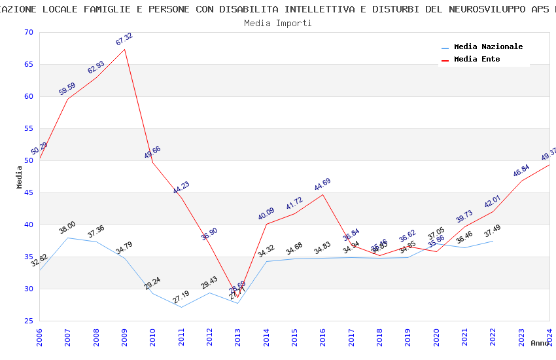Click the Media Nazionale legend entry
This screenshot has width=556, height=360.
click(488, 47)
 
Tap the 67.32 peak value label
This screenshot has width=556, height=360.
click(124, 39)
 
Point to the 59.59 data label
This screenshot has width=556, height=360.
click(67, 89)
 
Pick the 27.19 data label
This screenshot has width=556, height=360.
click(181, 297)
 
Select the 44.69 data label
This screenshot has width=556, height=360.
click(322, 185)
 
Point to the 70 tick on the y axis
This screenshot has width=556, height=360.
click(27, 33)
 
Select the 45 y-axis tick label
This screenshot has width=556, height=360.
click(27, 193)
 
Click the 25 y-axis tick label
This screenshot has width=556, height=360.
click(27, 321)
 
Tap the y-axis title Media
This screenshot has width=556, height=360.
click(20, 177)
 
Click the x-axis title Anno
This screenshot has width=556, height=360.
click(540, 343)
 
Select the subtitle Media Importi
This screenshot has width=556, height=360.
click(277, 24)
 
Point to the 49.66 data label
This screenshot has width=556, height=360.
click(152, 153)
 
